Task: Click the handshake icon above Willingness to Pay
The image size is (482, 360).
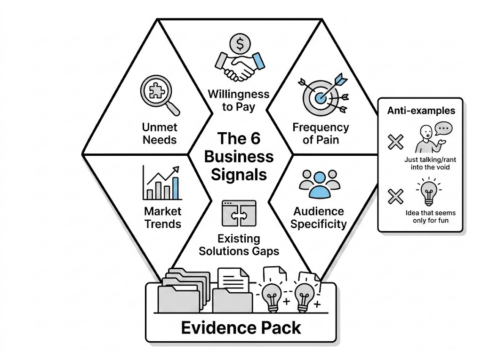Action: point(238,66)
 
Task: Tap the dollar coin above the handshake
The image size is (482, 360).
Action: point(240,44)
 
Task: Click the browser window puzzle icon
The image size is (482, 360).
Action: point(239,213)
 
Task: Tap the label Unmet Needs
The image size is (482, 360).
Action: point(160,133)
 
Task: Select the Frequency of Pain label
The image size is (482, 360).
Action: point(321,133)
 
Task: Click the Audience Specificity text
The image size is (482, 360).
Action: point(318,217)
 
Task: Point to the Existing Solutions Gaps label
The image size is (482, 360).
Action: point(239,245)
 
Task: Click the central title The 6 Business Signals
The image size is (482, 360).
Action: point(239,156)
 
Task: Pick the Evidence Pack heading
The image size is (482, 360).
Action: point(241,328)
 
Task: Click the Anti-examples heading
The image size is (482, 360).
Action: point(421,111)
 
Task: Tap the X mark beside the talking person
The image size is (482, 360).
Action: point(395,141)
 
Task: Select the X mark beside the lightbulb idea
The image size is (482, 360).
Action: point(395,196)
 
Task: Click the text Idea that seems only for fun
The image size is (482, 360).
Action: point(430,217)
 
